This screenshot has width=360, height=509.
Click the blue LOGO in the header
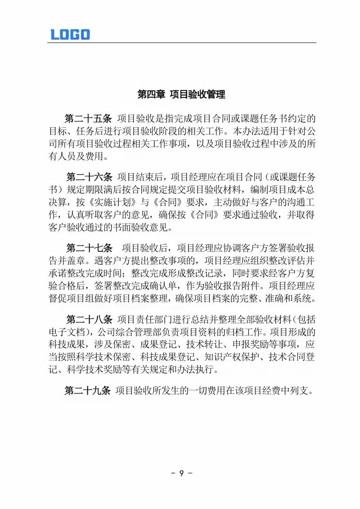coord(70,34)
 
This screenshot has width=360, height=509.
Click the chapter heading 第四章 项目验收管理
coord(181,94)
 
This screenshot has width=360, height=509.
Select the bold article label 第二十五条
coord(88,119)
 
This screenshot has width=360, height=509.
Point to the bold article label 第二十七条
coord(88,248)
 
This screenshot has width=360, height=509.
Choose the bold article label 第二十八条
coord(88,320)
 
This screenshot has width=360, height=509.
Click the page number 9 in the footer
coord(181,473)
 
